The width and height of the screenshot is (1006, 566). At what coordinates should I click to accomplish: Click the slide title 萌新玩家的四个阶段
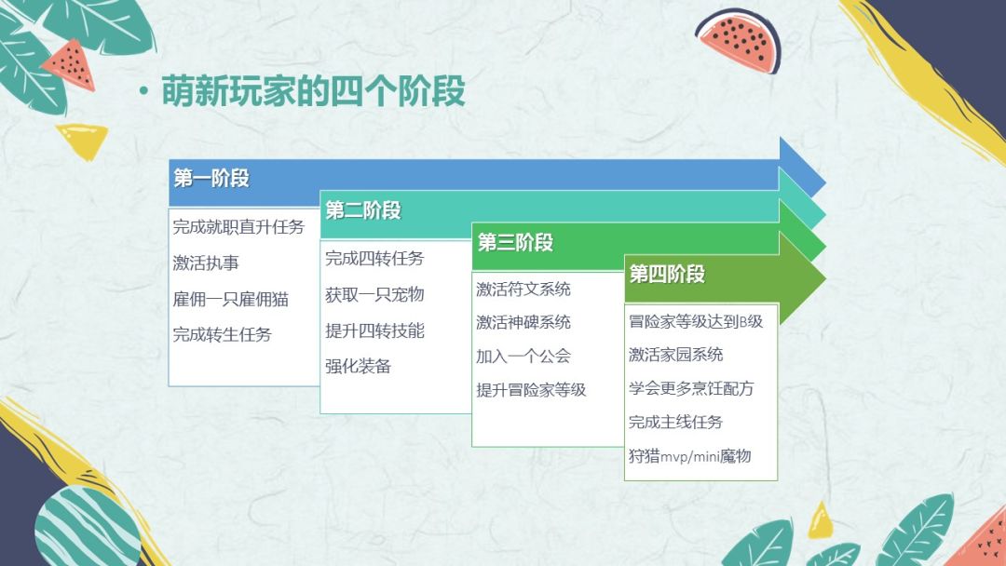point(313,91)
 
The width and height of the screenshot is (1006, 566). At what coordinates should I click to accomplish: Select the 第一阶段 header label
point(211,178)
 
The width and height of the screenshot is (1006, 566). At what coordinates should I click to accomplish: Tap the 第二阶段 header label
point(363,210)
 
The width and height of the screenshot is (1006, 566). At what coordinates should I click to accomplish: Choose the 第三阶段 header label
point(515,242)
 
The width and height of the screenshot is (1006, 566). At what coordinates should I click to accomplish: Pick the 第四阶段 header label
point(667,275)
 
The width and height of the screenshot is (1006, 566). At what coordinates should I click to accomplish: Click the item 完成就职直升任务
point(238,227)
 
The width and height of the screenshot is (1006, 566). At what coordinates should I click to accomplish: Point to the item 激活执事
point(206,263)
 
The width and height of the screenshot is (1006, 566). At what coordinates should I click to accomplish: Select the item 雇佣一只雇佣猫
point(230,299)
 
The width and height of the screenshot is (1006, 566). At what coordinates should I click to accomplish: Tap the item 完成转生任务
point(222,334)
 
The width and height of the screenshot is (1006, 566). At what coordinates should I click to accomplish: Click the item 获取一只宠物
point(374,295)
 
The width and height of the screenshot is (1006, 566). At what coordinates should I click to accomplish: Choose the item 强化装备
point(358,367)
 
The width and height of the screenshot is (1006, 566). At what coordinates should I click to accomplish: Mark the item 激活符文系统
point(523,290)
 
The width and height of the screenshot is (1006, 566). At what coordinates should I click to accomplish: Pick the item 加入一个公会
point(523,357)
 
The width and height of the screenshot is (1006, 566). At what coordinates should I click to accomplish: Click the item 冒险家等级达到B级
point(696,322)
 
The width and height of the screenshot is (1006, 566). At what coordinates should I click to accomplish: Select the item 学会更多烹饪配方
point(691,388)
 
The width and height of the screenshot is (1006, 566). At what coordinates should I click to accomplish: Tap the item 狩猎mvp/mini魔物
point(689,456)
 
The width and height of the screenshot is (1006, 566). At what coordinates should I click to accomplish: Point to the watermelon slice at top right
point(739,40)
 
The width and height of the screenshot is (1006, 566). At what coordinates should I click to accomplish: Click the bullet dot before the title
point(143,91)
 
